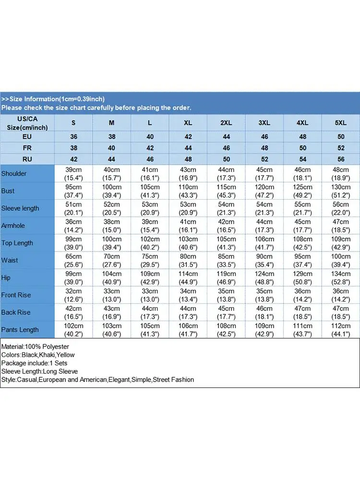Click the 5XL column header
340,123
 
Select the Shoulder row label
14,173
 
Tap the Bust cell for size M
111,191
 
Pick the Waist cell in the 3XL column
264,260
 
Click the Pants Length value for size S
73,330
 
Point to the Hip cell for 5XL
340,277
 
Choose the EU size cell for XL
188,137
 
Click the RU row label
27,159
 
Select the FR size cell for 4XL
302,148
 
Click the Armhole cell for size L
150,226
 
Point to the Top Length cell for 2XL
226,243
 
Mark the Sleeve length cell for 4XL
302,208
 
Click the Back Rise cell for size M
111,312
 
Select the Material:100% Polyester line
36,347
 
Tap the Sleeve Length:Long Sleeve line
39,371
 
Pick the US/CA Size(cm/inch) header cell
27,123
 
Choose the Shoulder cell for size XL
188,173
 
